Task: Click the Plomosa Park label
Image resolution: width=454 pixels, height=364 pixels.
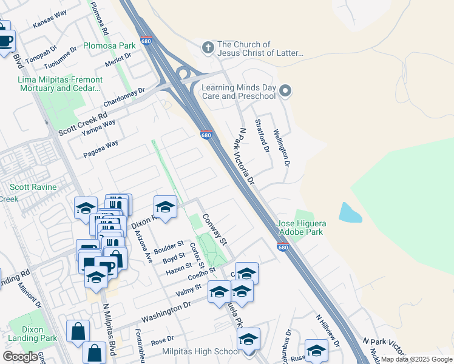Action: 109,45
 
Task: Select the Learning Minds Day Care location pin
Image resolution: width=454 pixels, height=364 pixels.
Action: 286,92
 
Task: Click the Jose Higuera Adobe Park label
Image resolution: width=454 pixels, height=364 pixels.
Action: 301,227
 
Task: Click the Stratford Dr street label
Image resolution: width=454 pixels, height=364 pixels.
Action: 262,136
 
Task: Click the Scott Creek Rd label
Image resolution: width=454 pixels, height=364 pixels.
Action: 83,124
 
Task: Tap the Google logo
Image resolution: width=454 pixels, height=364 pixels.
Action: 21,357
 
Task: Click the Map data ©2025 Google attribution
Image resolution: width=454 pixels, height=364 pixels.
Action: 416,359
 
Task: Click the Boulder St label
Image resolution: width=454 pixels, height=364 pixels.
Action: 169,248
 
